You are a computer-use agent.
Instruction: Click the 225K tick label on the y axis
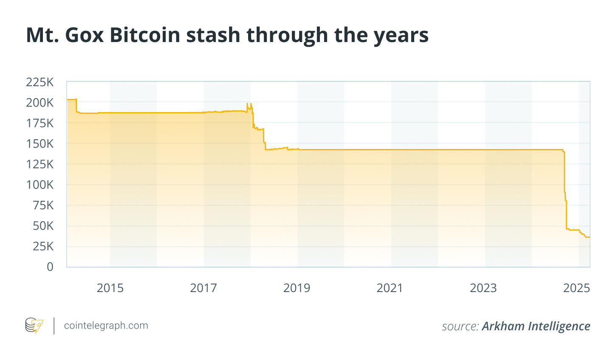coord(40,82)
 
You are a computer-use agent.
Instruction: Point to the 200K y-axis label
coord(40,103)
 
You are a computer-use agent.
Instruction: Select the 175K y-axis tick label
coord(40,123)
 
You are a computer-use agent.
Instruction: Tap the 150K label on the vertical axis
coord(40,144)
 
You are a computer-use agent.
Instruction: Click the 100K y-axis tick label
coord(40,185)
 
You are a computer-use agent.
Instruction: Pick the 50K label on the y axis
coord(43,226)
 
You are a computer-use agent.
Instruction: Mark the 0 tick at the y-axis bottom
coord(50,267)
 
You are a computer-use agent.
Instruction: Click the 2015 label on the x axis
coord(110,288)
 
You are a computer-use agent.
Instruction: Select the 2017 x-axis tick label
coord(203,288)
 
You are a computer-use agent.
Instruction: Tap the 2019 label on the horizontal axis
coord(297,288)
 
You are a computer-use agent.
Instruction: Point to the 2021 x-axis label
coord(390,288)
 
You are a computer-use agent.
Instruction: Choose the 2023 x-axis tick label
coord(483,288)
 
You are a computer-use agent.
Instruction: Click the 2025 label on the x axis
coord(576,288)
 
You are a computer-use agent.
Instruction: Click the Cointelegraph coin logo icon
coord(34,326)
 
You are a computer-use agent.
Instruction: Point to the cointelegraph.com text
coord(106,326)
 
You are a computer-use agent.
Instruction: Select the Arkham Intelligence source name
coord(536,326)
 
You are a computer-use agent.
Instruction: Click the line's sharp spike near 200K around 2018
coord(247,104)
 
